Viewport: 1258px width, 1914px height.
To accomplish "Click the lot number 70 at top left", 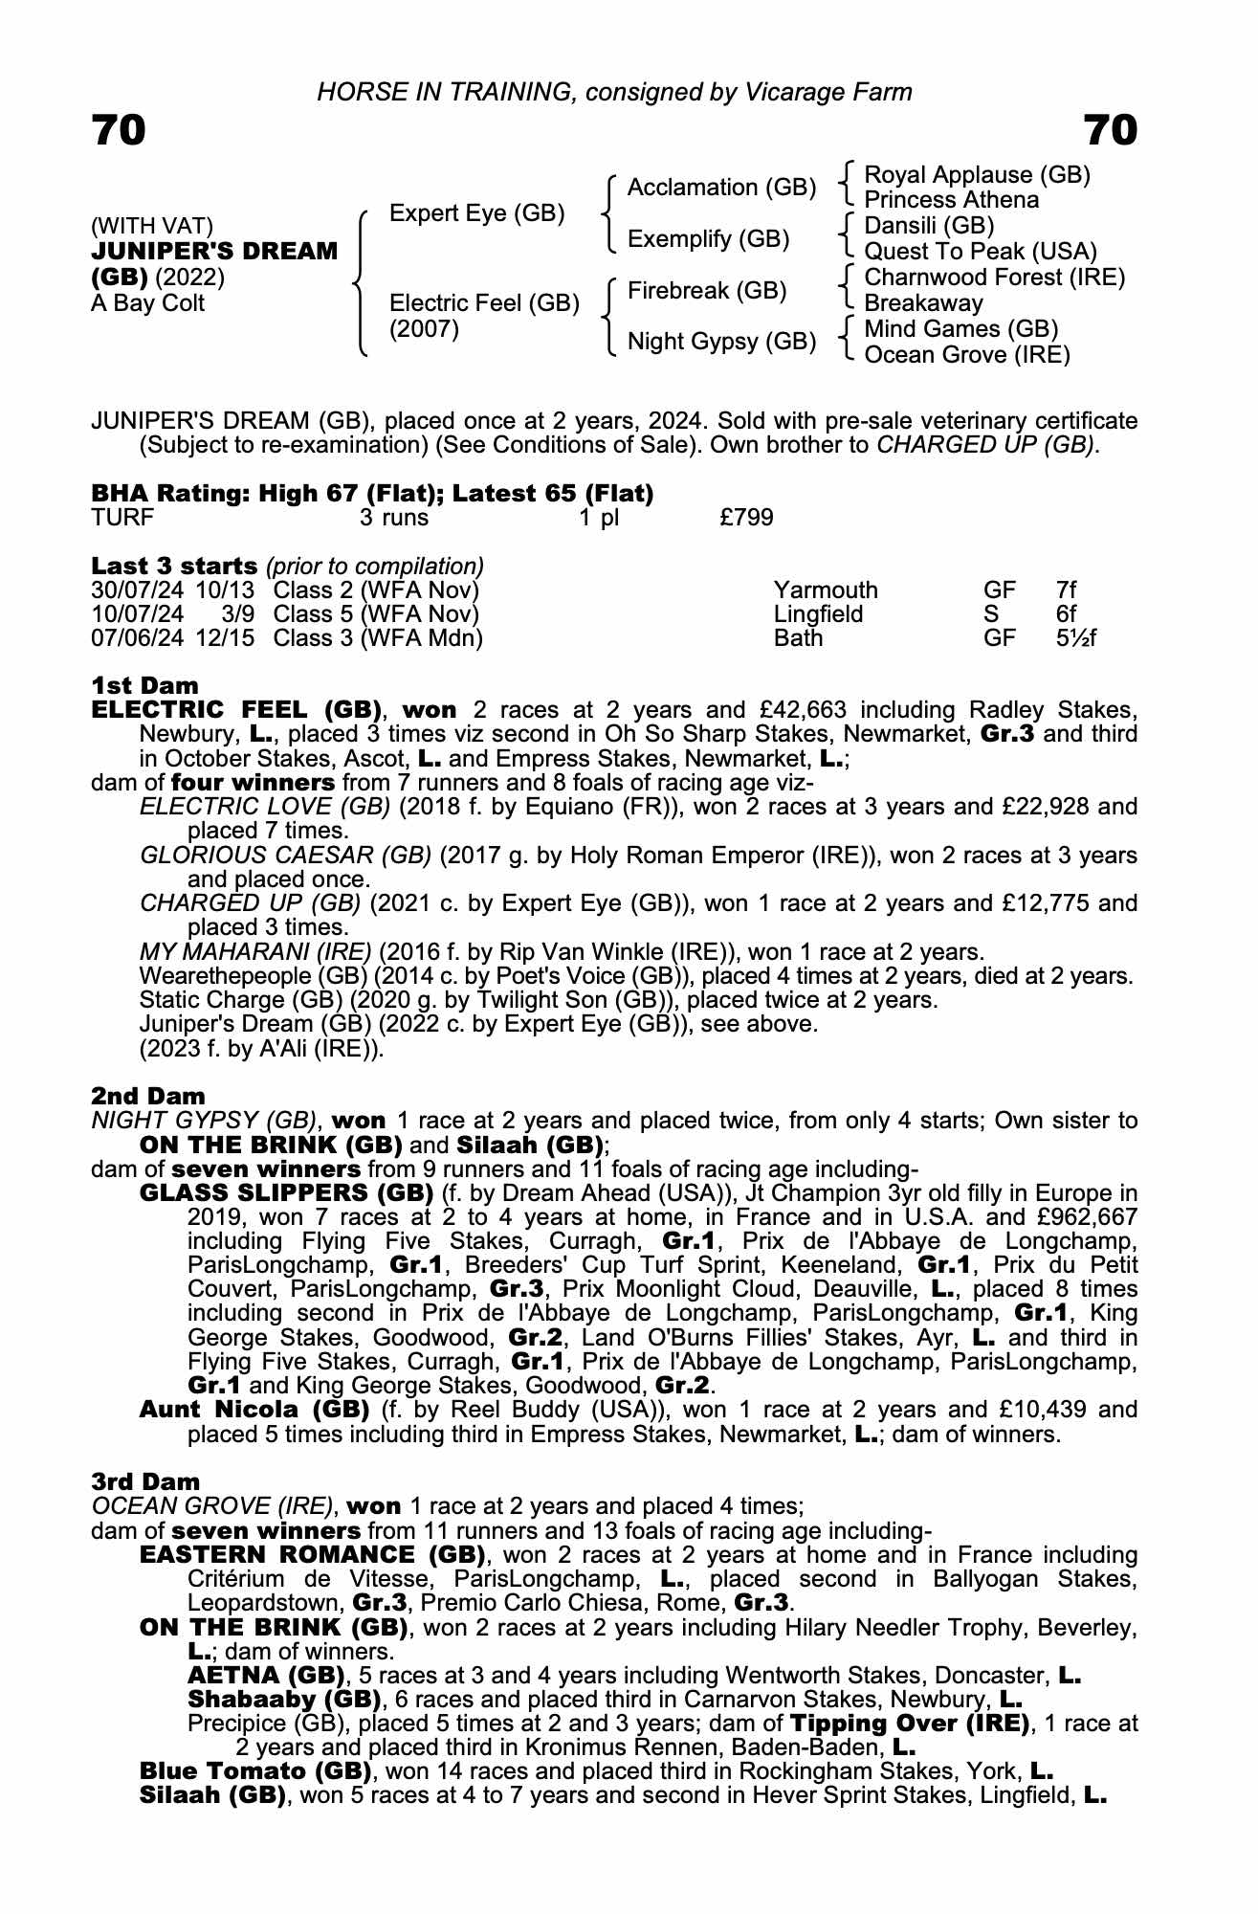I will point(119,131).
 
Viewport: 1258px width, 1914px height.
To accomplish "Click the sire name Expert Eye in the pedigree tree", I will point(476,213).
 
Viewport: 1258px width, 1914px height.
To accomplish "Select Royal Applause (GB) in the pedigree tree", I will point(977,175).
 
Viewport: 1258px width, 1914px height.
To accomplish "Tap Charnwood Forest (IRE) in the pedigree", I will point(994,278).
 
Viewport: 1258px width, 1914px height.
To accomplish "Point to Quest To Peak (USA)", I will point(980,252).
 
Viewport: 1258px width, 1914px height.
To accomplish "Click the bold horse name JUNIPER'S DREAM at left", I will point(214,252).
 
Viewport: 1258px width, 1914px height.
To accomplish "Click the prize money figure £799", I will point(746,518).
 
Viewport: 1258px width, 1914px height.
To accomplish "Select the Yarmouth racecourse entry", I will point(825,590).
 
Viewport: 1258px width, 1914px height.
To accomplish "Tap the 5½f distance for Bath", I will point(1076,638).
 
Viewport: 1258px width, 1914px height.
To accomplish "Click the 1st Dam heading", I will point(144,685).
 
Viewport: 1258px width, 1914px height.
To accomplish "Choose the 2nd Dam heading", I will point(147,1096).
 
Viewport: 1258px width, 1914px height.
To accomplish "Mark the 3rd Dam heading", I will point(145,1482).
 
